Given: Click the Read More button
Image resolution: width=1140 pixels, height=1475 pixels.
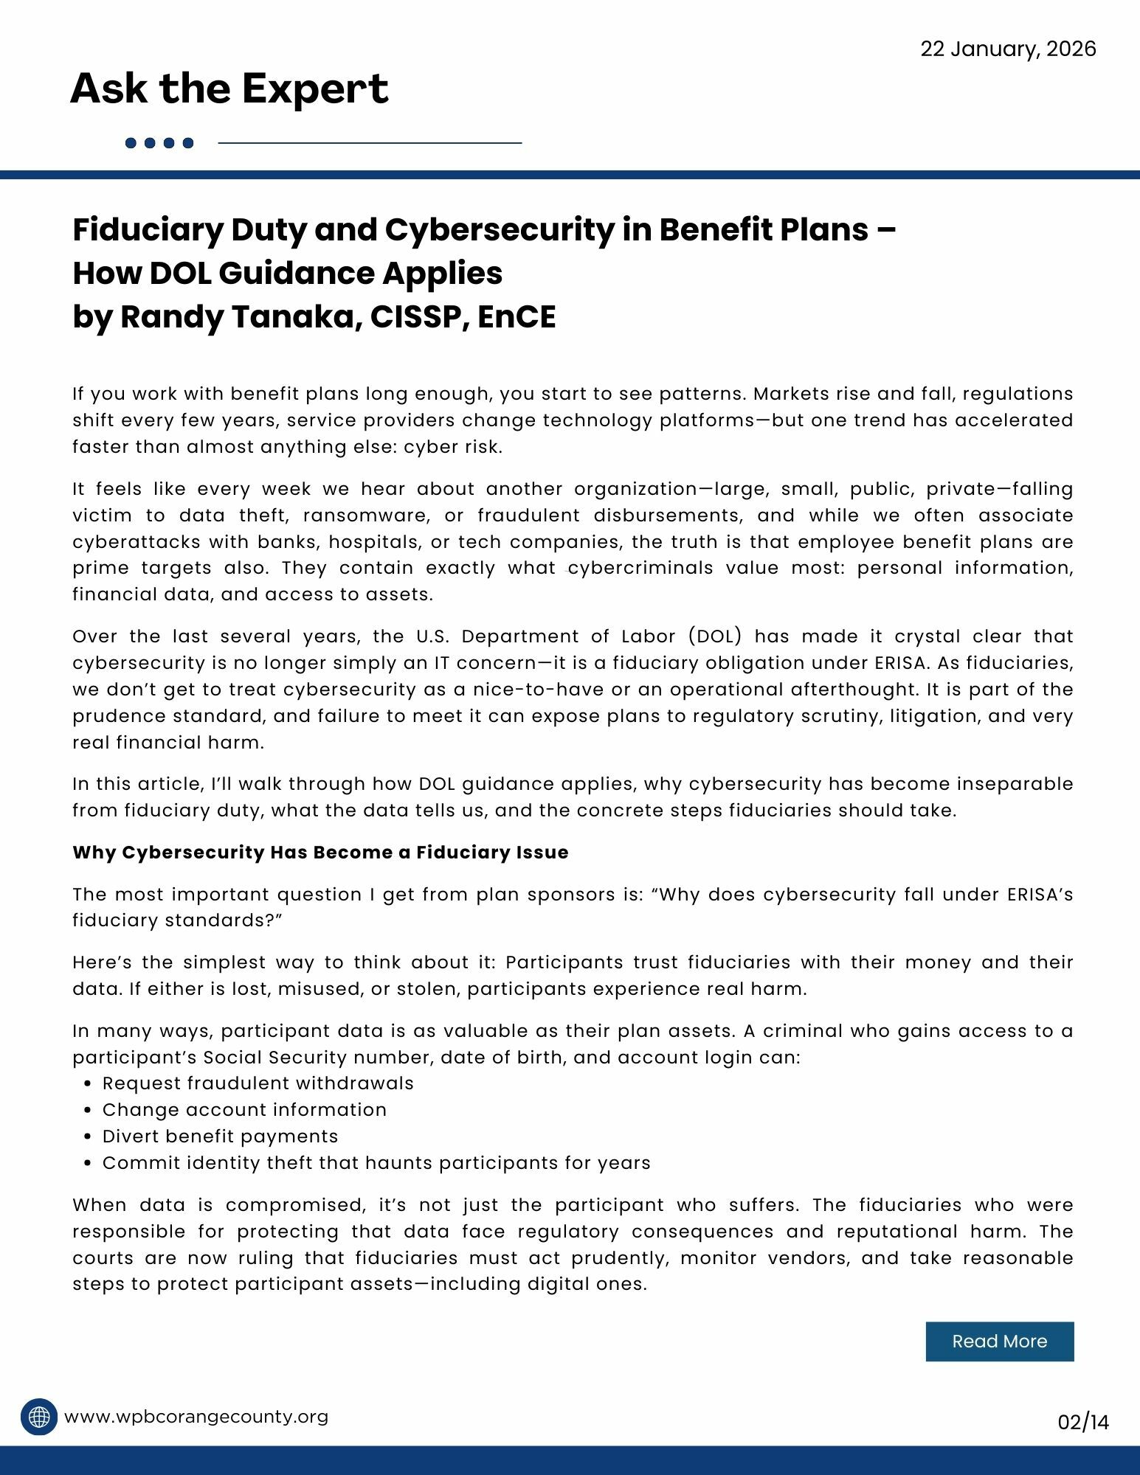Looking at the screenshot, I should [999, 1341].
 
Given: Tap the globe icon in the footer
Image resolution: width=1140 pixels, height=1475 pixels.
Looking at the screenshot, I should [39, 1417].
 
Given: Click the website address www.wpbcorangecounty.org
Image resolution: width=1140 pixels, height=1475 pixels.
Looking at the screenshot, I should [196, 1417].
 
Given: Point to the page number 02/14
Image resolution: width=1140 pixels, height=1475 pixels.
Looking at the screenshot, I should [1082, 1421].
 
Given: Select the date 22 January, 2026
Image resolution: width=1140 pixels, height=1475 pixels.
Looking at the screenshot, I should [1008, 49].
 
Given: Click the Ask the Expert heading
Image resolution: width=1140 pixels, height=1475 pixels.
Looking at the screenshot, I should [229, 88].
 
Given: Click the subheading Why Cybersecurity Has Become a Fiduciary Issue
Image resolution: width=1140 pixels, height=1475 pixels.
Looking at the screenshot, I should [320, 853].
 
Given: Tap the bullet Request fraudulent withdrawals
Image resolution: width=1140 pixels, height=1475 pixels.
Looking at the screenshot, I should [258, 1083].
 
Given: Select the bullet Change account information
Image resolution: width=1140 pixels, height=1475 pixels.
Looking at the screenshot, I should [244, 1110].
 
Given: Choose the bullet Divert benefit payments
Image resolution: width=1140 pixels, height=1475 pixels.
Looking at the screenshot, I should [220, 1136].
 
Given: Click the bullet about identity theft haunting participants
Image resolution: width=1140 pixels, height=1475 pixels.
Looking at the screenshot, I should [376, 1163].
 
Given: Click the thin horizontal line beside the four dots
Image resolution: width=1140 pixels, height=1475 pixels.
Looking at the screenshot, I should [370, 143].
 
